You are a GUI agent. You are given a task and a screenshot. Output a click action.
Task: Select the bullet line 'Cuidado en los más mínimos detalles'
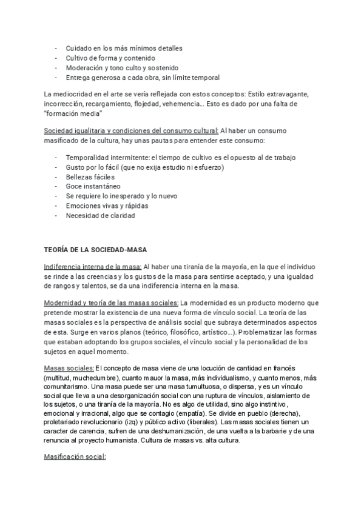pyautogui.click(x=124, y=48)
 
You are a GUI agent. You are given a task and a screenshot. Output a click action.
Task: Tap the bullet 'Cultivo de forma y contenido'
pyautogui.click(x=110, y=58)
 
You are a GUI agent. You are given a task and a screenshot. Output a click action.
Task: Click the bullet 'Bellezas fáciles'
pyautogui.click(x=90, y=177)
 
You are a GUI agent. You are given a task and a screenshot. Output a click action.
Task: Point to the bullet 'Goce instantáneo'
pyautogui.click(x=93, y=187)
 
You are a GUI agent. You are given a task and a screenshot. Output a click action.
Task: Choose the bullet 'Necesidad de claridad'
pyautogui.click(x=101, y=215)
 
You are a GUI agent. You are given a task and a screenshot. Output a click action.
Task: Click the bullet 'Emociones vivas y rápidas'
pyautogui.click(x=107, y=206)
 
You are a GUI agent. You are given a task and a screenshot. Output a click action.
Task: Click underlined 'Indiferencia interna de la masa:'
pyautogui.click(x=93, y=267)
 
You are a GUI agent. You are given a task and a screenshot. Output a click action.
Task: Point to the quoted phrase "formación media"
pyautogui.click(x=73, y=113)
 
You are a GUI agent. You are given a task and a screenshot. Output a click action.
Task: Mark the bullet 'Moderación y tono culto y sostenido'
pyautogui.click(x=122, y=67)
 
